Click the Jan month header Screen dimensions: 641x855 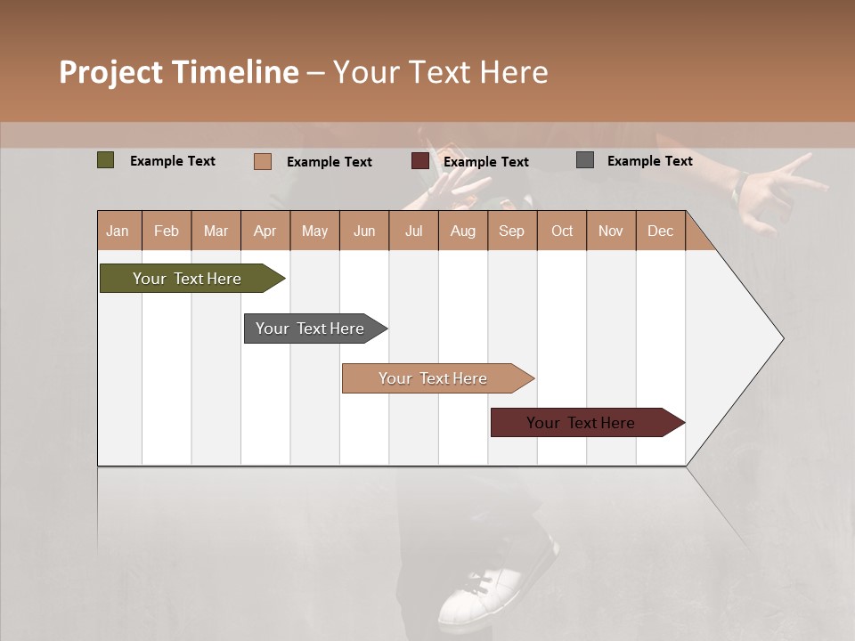point(118,231)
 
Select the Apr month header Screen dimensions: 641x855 point(265,231)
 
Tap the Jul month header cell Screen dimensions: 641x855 point(413,231)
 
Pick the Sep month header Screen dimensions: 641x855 point(511,231)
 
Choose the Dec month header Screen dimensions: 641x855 point(660,231)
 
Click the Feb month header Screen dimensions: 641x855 point(167,231)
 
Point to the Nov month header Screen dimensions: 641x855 point(611,231)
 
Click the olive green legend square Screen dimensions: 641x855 point(105,160)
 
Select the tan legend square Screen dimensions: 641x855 point(263,161)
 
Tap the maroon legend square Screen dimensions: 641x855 point(420,161)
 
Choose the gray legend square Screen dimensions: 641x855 point(585,160)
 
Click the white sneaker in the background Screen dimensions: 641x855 point(485,592)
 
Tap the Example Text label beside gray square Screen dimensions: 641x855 point(649,161)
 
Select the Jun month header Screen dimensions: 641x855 point(364,231)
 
